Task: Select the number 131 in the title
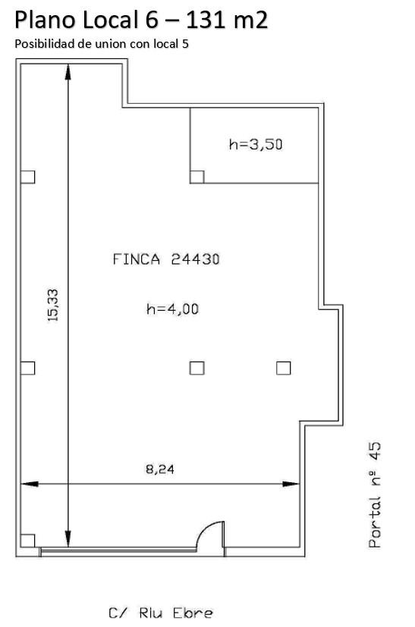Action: (x=206, y=20)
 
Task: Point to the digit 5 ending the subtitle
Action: (x=185, y=43)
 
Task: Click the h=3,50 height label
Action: (x=256, y=144)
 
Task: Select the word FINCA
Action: (x=137, y=259)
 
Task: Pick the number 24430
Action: (x=195, y=259)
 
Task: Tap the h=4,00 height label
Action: (x=172, y=309)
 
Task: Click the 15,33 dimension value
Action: (x=53, y=306)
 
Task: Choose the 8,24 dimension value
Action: (x=159, y=469)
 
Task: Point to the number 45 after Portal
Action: (x=375, y=451)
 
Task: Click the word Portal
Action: (x=375, y=522)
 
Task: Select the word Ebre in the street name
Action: (x=193, y=613)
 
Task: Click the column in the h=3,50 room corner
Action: (x=197, y=177)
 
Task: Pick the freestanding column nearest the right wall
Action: (x=283, y=368)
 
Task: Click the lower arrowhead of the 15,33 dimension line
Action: (x=68, y=538)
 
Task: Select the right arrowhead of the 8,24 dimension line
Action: (x=291, y=484)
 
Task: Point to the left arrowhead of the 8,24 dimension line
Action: (x=30, y=484)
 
